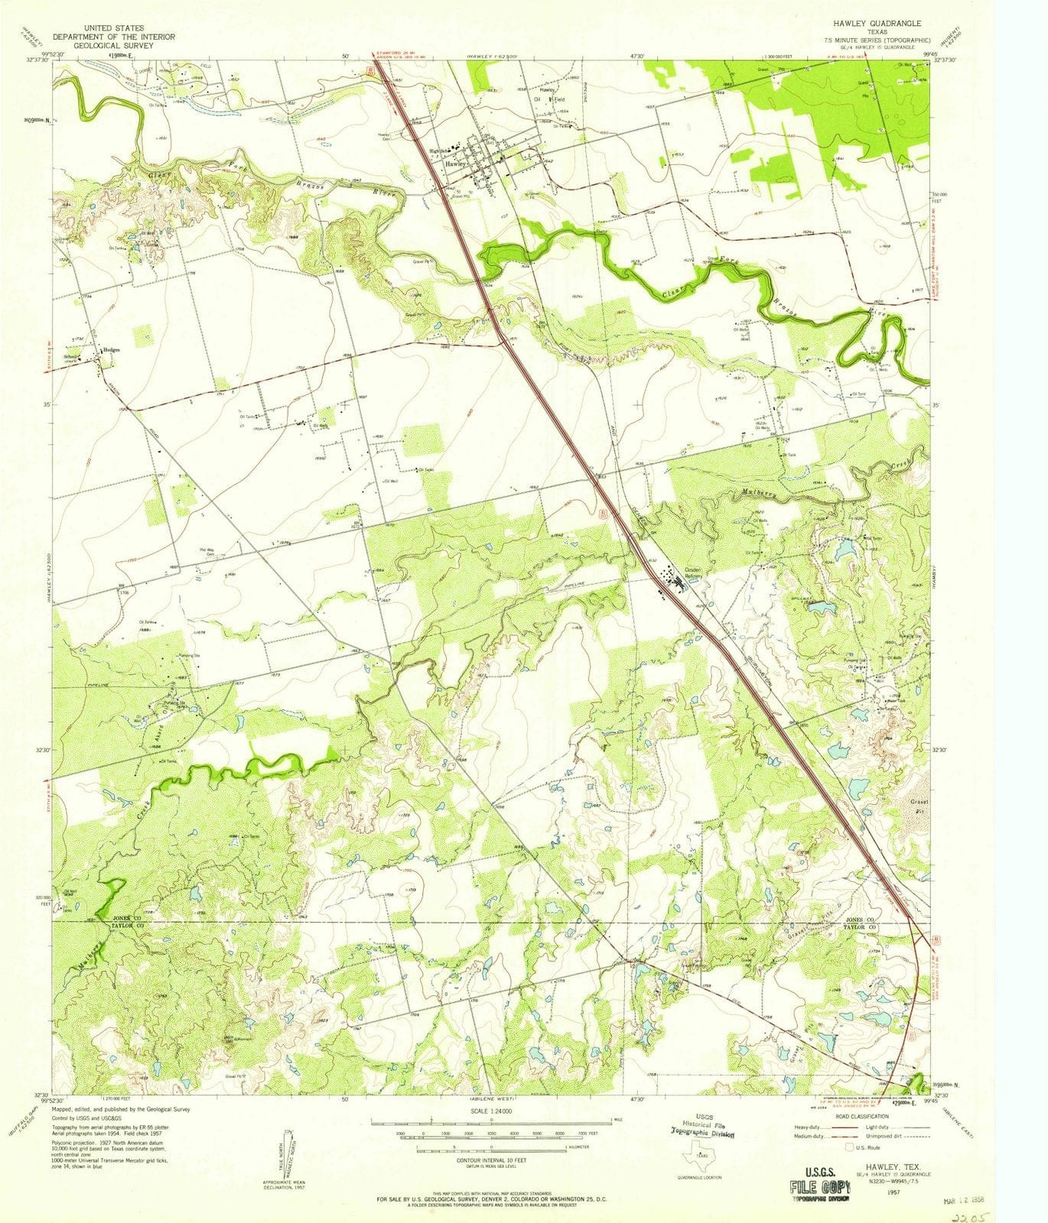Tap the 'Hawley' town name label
point(456,164)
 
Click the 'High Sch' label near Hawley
point(440,151)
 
